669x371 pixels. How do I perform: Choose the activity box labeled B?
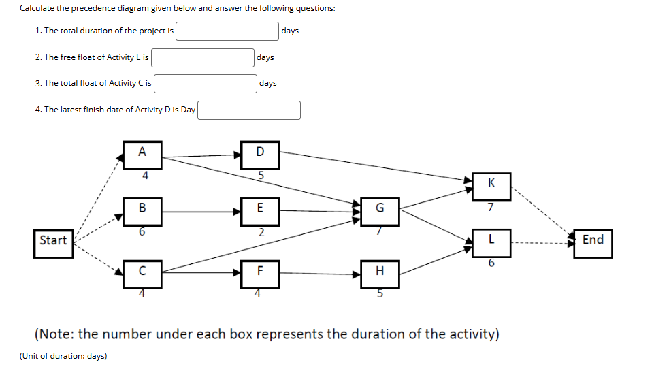click(x=142, y=210)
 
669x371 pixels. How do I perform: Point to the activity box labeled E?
click(x=260, y=210)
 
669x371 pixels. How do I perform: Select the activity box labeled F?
click(x=260, y=272)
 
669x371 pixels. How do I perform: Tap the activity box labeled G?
click(x=380, y=210)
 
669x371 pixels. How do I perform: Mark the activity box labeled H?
click(x=380, y=273)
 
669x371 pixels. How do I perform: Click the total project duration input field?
click(x=227, y=31)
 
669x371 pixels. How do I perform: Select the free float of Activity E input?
click(x=203, y=58)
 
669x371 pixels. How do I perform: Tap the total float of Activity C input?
click(x=205, y=84)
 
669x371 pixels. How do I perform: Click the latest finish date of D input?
click(x=249, y=110)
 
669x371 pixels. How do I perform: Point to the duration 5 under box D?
click(x=261, y=175)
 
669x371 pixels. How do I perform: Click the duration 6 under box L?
click(x=491, y=263)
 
